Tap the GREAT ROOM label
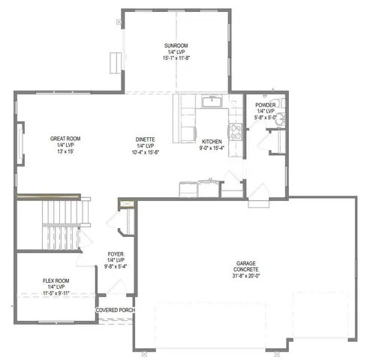[x=65, y=139]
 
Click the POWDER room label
[x=265, y=104]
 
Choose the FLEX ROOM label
[x=56, y=280]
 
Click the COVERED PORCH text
[x=114, y=309]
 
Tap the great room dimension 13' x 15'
[x=65, y=152]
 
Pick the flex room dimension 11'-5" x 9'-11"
[x=56, y=293]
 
